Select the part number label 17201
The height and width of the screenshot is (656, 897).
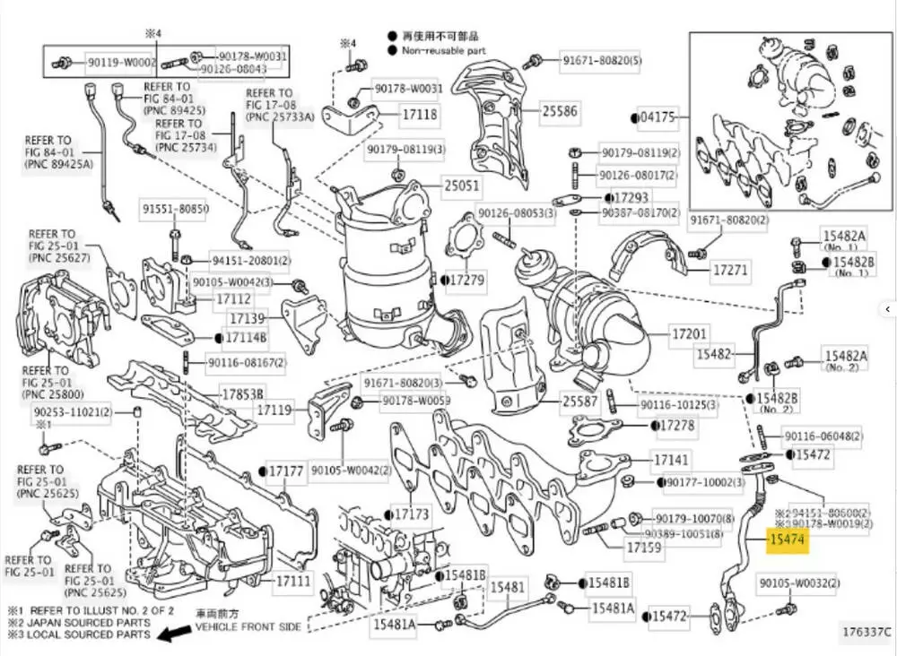pos(690,334)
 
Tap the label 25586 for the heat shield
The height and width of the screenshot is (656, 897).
pos(559,112)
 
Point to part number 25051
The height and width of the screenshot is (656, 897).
pos(462,187)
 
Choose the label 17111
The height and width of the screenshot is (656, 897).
pos(293,581)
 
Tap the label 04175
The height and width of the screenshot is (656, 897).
pos(662,116)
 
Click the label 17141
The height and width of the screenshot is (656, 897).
pos(672,460)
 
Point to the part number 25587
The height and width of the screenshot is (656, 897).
pos(579,402)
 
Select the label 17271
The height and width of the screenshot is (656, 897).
pos(730,268)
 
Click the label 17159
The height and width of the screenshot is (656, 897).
pos(644,546)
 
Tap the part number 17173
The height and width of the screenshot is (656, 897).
pos(413,514)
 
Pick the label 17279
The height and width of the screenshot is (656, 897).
pos(466,281)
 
